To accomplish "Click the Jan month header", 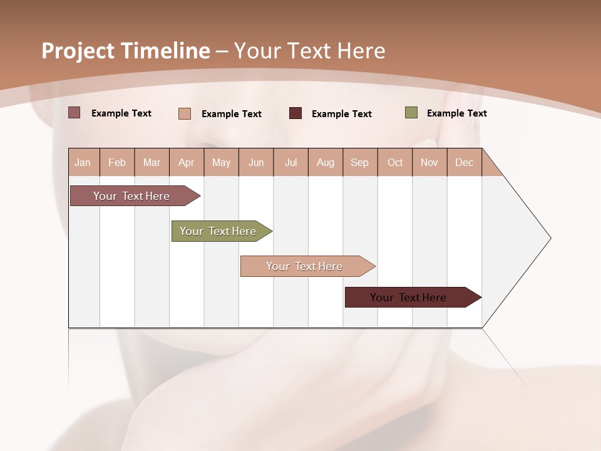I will tap(83, 162).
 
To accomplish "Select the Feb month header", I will tap(117, 162).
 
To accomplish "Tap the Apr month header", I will tap(186, 162).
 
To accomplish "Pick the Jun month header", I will tap(256, 162).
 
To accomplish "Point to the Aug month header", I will tap(325, 162).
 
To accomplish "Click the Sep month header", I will tap(359, 162).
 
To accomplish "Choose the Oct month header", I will tap(395, 162).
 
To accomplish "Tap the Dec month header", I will tap(464, 162).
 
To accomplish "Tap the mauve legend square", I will tap(74, 113).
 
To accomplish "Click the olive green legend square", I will tap(411, 113).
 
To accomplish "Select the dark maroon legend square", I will tap(295, 113).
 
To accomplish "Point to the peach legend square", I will tap(185, 113).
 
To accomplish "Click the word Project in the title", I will tap(78, 51).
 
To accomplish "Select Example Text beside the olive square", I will tap(456, 113).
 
